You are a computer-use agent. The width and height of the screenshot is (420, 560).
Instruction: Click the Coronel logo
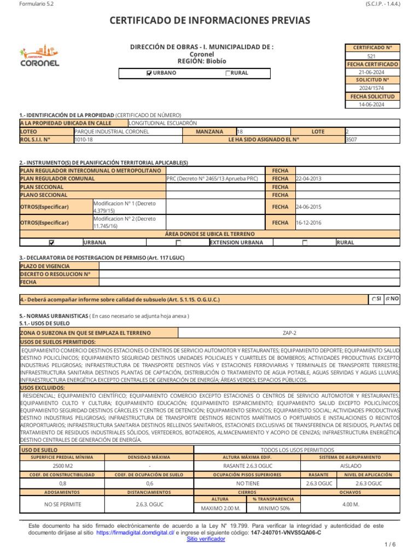39,55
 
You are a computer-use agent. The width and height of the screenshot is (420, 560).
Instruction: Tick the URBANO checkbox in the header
149,73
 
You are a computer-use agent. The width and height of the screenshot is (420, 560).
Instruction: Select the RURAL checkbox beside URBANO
228,73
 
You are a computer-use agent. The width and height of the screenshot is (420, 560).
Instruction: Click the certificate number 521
371,56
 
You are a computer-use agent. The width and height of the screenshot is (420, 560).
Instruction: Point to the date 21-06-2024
371,72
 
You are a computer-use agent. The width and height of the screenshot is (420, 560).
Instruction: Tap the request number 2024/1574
371,88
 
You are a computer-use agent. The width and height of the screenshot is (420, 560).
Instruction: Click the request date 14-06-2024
371,104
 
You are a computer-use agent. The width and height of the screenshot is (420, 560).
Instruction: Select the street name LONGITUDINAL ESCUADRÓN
162,124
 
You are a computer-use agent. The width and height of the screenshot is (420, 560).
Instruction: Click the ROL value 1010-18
84,139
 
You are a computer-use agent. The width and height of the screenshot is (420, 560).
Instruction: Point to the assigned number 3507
351,139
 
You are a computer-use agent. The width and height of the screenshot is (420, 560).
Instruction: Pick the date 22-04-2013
308,179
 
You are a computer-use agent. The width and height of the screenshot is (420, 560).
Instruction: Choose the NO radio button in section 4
388,299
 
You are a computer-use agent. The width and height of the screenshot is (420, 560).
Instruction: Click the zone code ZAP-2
290,332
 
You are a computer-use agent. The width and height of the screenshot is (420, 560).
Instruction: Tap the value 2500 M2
62,466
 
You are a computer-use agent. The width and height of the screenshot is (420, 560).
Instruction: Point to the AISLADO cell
351,466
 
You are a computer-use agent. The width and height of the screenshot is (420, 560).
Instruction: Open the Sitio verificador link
206,539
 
